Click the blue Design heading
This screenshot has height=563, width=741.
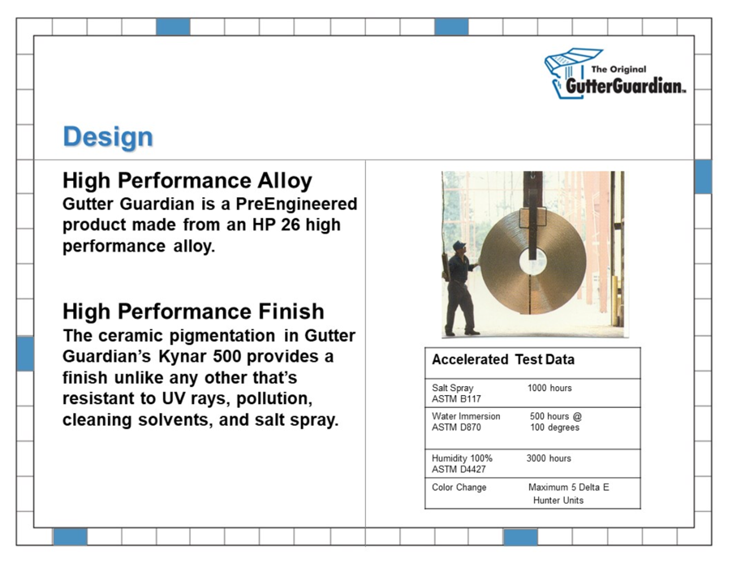coord(108,137)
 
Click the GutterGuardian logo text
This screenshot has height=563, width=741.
coord(625,85)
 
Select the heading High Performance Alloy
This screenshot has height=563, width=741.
coord(187,181)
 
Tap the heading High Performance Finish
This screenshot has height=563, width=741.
coord(193,312)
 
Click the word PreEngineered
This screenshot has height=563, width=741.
coord(297,204)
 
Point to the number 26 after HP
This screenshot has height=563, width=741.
coord(291,225)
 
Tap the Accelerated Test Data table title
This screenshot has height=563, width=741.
coord(503,359)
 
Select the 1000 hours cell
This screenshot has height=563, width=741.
coord(549,388)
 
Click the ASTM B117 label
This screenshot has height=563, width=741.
coord(456,399)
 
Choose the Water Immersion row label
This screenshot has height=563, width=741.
coord(466,416)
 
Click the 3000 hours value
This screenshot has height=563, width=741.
coord(549,458)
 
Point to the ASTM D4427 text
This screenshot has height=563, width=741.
coord(459,470)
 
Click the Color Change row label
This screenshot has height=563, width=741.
coord(459,488)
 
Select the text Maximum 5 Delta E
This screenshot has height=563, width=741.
coord(568,488)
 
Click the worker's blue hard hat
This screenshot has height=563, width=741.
coord(459,245)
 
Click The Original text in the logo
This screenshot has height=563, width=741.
coord(618,70)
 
